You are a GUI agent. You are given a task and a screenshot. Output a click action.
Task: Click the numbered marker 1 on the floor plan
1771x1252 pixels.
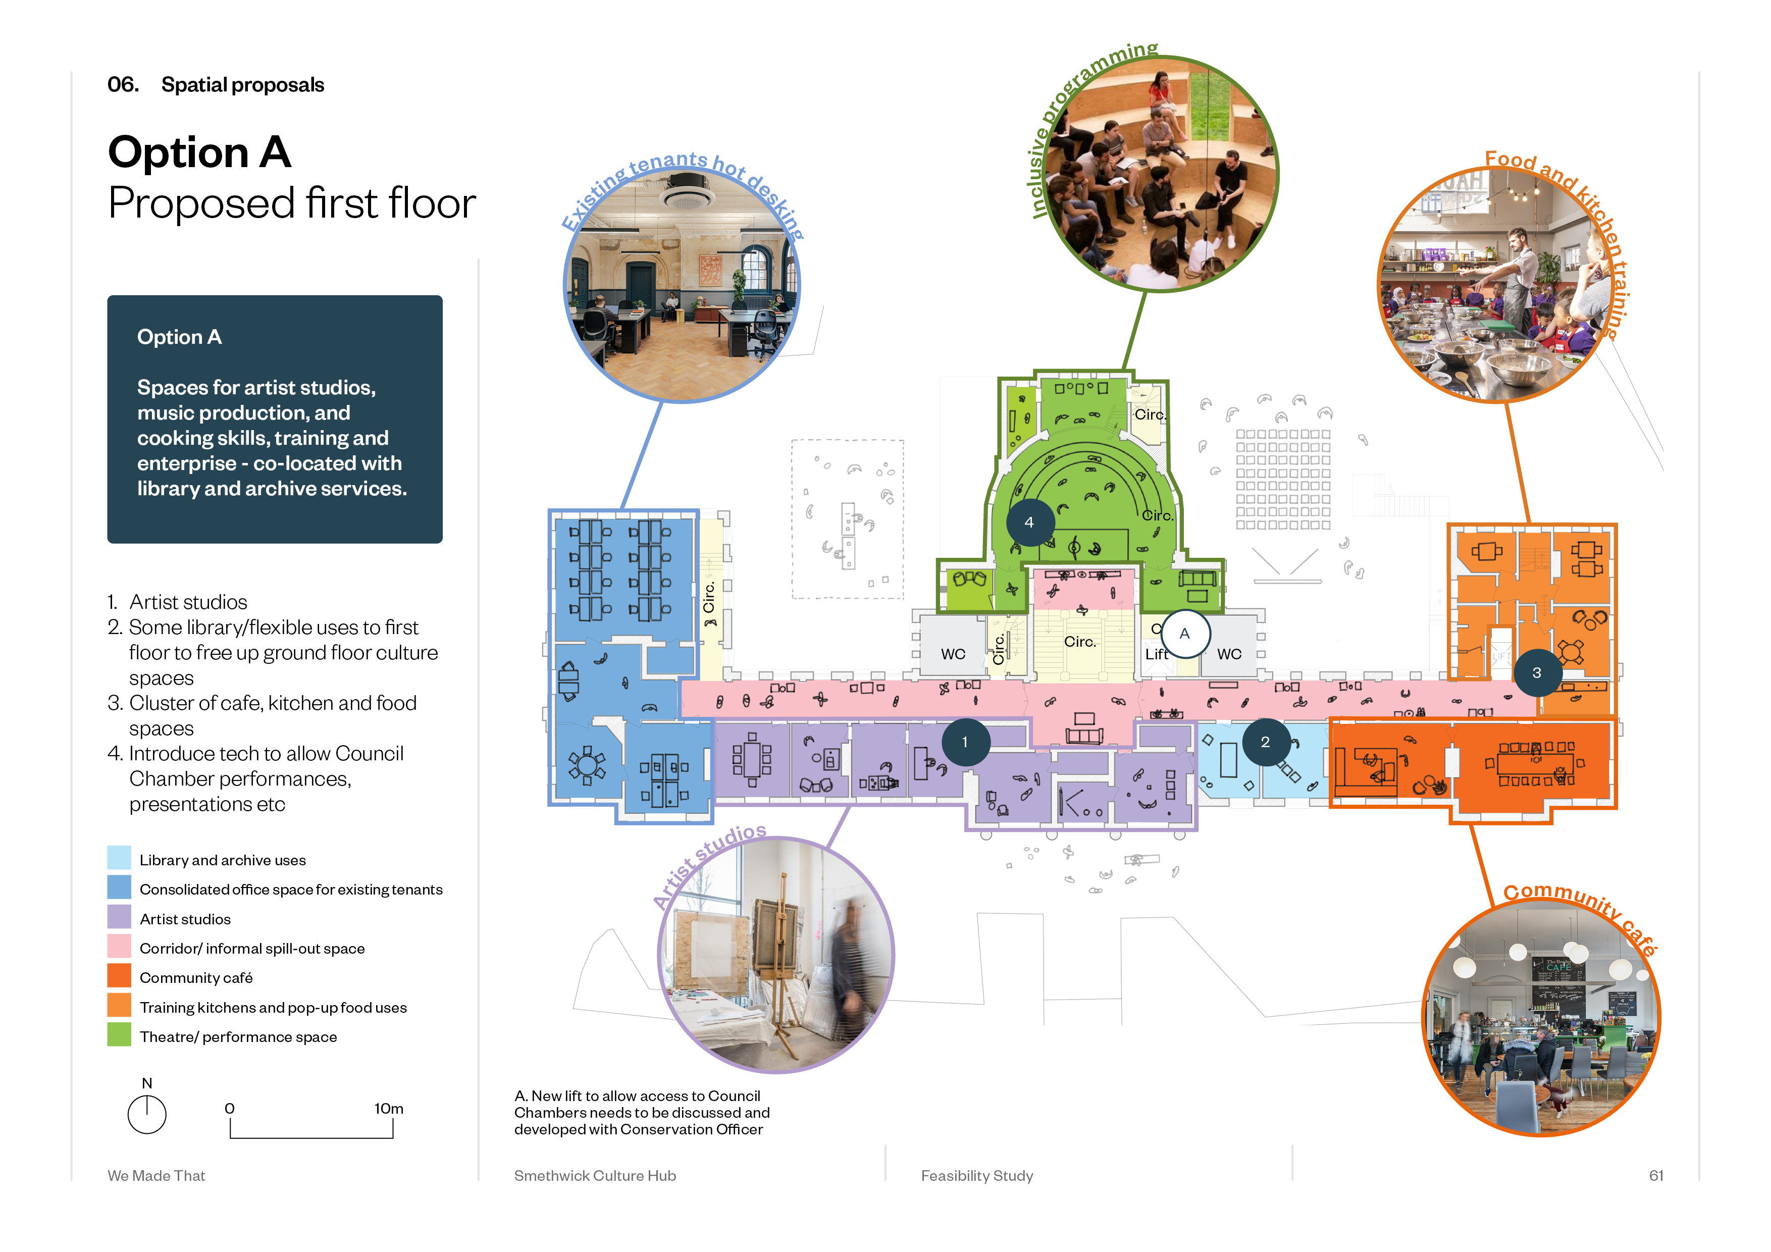click(x=965, y=742)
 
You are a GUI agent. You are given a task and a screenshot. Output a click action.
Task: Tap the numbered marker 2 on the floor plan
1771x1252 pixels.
click(x=1265, y=742)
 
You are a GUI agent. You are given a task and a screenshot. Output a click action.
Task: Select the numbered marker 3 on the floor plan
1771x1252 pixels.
click(x=1537, y=672)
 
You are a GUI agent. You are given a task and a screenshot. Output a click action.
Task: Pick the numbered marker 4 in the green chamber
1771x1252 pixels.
click(x=1029, y=522)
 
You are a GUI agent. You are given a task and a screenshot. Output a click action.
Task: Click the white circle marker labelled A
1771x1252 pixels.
click(x=1185, y=634)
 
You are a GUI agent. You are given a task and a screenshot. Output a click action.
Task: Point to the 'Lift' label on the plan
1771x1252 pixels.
click(x=1156, y=654)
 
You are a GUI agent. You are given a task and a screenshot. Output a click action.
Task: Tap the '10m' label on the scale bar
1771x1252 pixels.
click(x=389, y=1109)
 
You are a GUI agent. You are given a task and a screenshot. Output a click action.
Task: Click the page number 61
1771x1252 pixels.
click(x=1656, y=1176)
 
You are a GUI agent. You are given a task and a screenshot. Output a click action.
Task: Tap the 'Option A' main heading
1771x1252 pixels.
click(x=200, y=152)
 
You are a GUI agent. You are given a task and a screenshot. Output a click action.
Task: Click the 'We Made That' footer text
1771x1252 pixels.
click(x=157, y=1176)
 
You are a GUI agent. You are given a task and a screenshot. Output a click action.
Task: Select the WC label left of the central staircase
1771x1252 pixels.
click(x=953, y=654)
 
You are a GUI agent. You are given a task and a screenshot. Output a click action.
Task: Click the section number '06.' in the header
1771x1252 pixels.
click(x=123, y=85)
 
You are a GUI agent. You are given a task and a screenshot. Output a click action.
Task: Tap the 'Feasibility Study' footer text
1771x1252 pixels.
click(x=977, y=1176)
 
